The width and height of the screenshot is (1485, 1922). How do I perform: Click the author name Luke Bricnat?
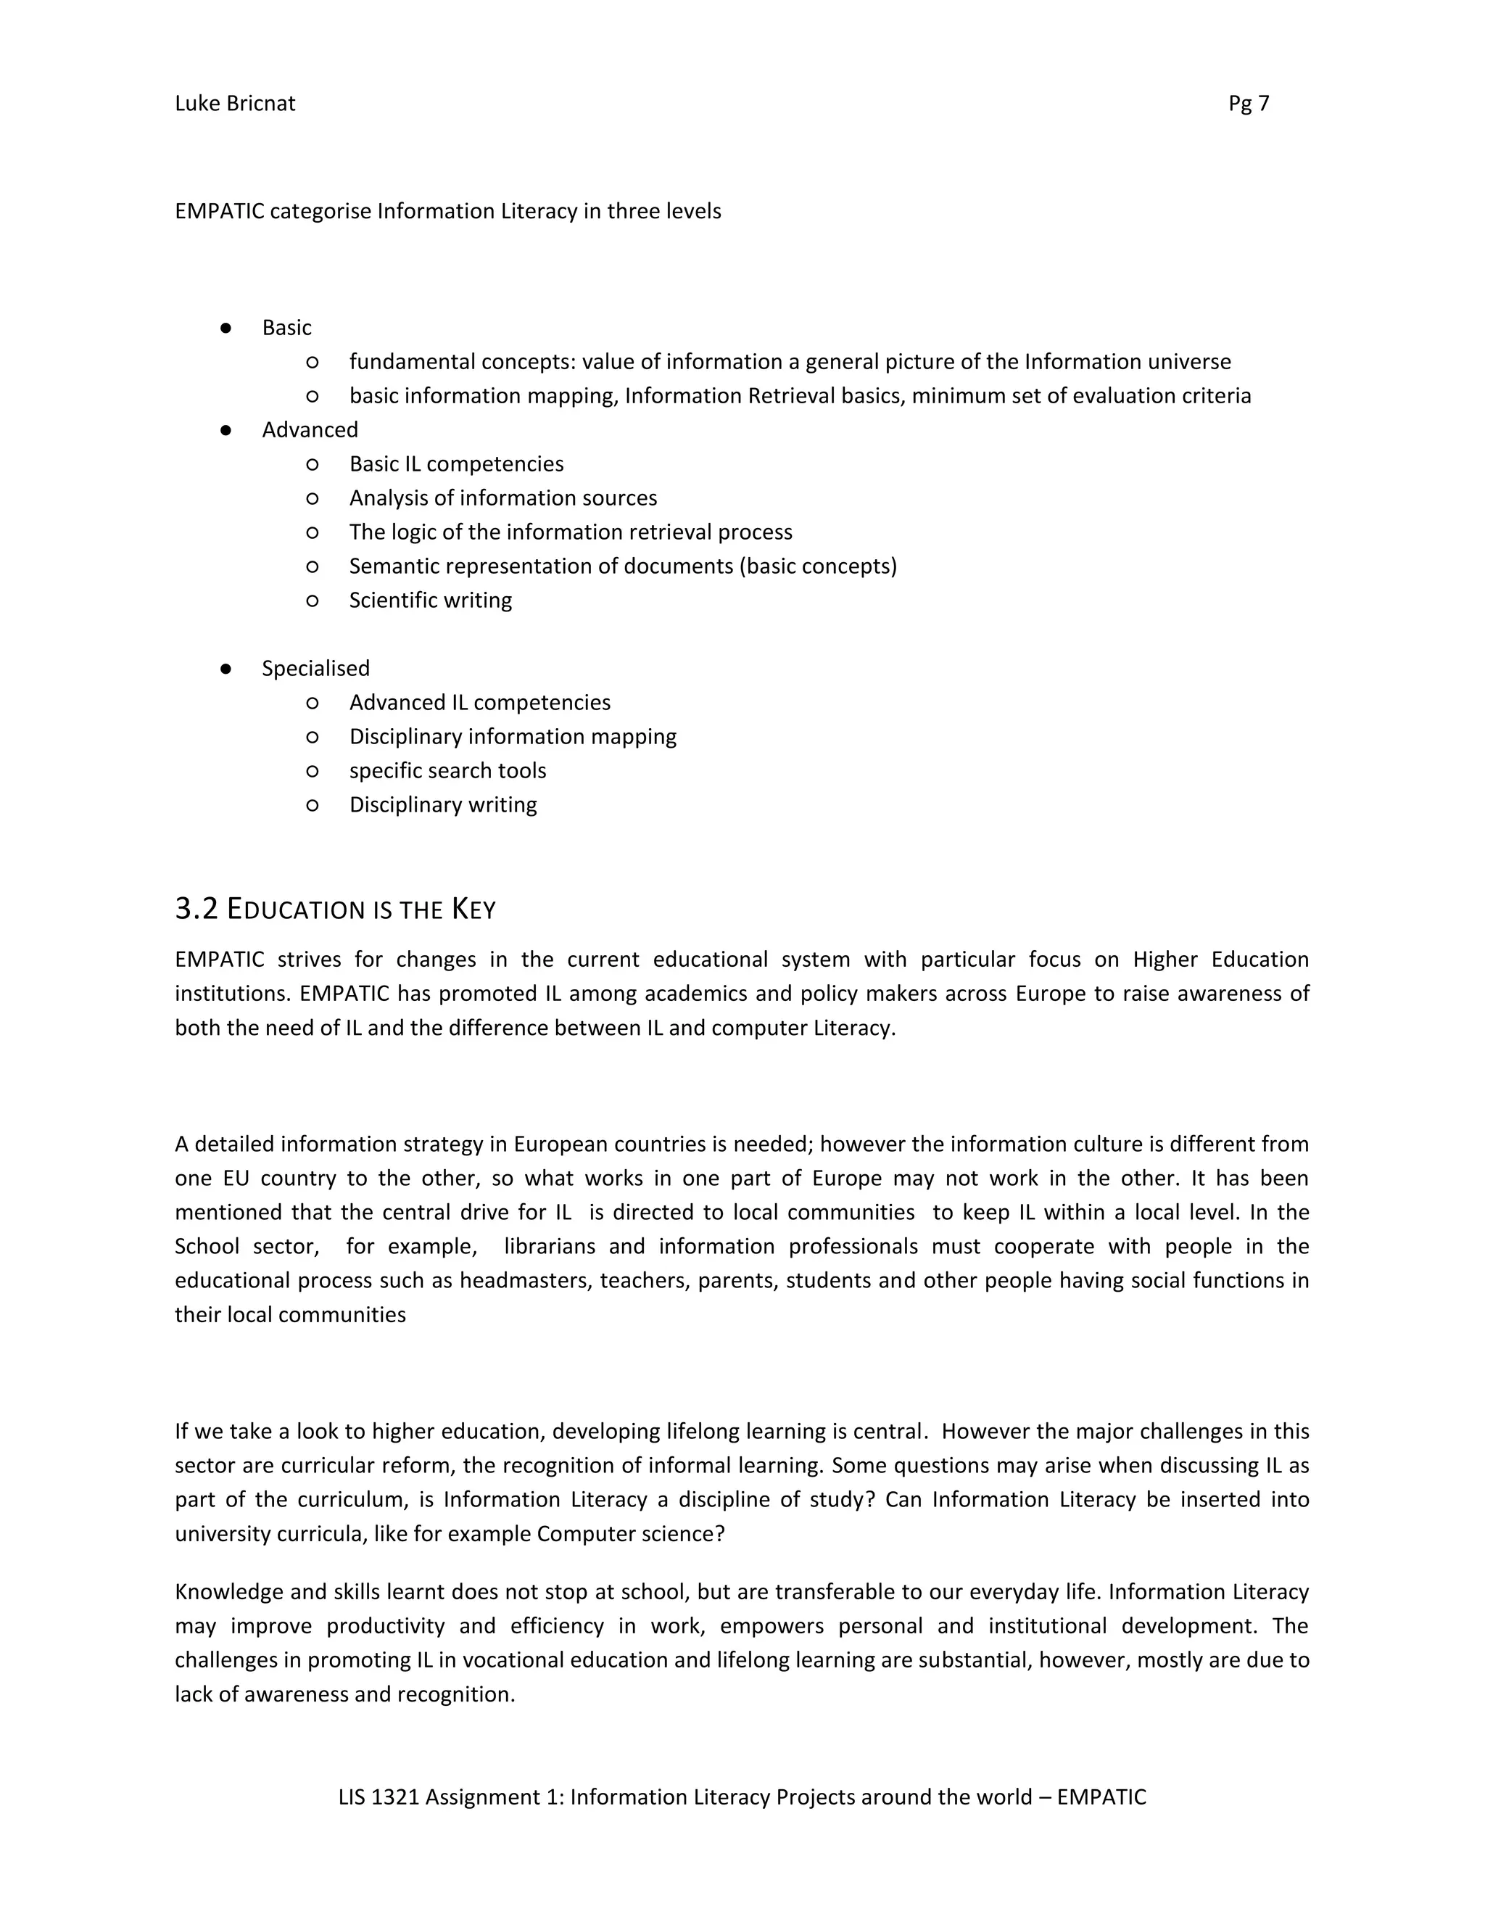click(235, 104)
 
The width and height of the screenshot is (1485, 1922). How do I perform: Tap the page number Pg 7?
click(1249, 104)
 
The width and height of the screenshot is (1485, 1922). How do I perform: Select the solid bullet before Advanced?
click(226, 430)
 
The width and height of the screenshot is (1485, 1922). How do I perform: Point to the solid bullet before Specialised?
click(226, 669)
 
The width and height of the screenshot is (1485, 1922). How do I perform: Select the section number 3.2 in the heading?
click(197, 909)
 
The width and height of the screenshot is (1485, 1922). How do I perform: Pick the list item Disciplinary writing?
click(442, 805)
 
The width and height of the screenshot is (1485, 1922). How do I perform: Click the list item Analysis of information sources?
click(502, 498)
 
